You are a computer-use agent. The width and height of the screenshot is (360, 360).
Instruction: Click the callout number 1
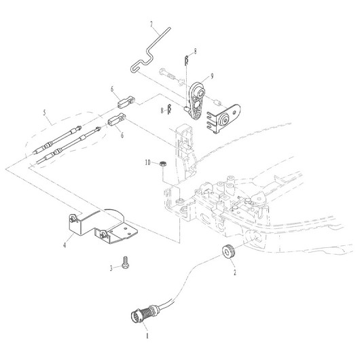click(147, 336)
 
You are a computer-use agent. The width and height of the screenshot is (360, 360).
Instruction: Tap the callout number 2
click(234, 272)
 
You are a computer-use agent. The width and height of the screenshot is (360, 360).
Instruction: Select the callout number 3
click(111, 268)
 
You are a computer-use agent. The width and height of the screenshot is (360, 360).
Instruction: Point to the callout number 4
click(65, 245)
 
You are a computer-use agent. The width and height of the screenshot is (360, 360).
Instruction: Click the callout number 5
click(45, 113)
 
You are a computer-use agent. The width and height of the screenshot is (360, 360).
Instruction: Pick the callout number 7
click(151, 24)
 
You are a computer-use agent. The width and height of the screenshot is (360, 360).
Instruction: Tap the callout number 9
click(212, 76)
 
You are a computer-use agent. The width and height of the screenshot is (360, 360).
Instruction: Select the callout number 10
click(147, 163)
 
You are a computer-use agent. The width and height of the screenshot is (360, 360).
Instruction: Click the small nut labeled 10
click(163, 164)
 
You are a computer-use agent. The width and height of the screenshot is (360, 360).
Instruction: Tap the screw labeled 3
click(126, 262)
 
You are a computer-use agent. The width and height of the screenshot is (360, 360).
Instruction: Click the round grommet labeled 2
click(228, 251)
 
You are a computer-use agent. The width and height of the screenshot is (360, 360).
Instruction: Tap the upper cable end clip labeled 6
click(126, 103)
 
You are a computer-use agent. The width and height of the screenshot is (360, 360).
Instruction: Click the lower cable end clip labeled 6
click(116, 120)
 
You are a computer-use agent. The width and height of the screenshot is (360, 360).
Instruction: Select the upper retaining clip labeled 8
click(187, 60)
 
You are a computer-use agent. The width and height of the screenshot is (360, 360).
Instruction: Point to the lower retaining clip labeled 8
click(169, 109)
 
